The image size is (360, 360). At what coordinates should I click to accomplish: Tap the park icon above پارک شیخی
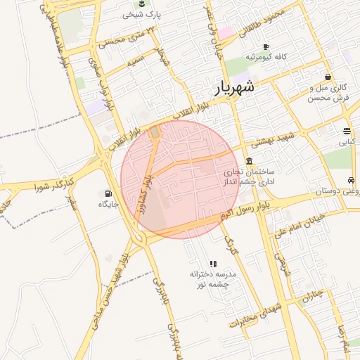pyautogui.click(x=143, y=4)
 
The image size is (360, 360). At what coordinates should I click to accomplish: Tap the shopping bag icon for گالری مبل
pyautogui.click(x=328, y=77)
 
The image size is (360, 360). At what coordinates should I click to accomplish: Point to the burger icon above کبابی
pyautogui.click(x=347, y=131)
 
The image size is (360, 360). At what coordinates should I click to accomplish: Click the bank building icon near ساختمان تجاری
pyautogui.click(x=250, y=161)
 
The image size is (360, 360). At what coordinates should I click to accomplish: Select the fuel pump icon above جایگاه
pyautogui.click(x=108, y=194)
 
